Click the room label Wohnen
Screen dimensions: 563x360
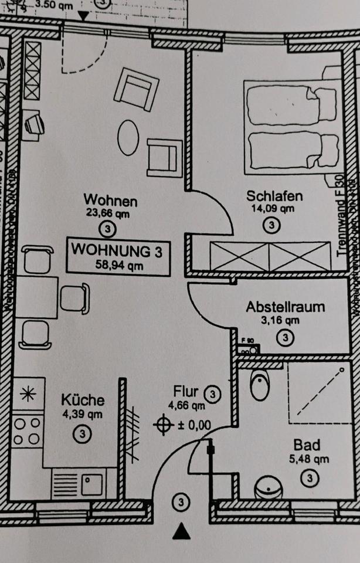point(110,201)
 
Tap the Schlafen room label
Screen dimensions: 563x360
point(270,196)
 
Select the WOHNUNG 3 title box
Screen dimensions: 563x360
point(118,256)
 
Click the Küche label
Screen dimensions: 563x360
point(83,401)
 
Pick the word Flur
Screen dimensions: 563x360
point(186,391)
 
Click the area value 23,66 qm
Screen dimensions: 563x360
point(110,214)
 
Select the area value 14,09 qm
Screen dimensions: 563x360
point(270,208)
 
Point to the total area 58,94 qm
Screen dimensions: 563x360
point(118,264)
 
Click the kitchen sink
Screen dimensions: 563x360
point(91,484)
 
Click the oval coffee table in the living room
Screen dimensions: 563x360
point(128,138)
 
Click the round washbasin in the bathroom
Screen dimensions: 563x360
point(269,488)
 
